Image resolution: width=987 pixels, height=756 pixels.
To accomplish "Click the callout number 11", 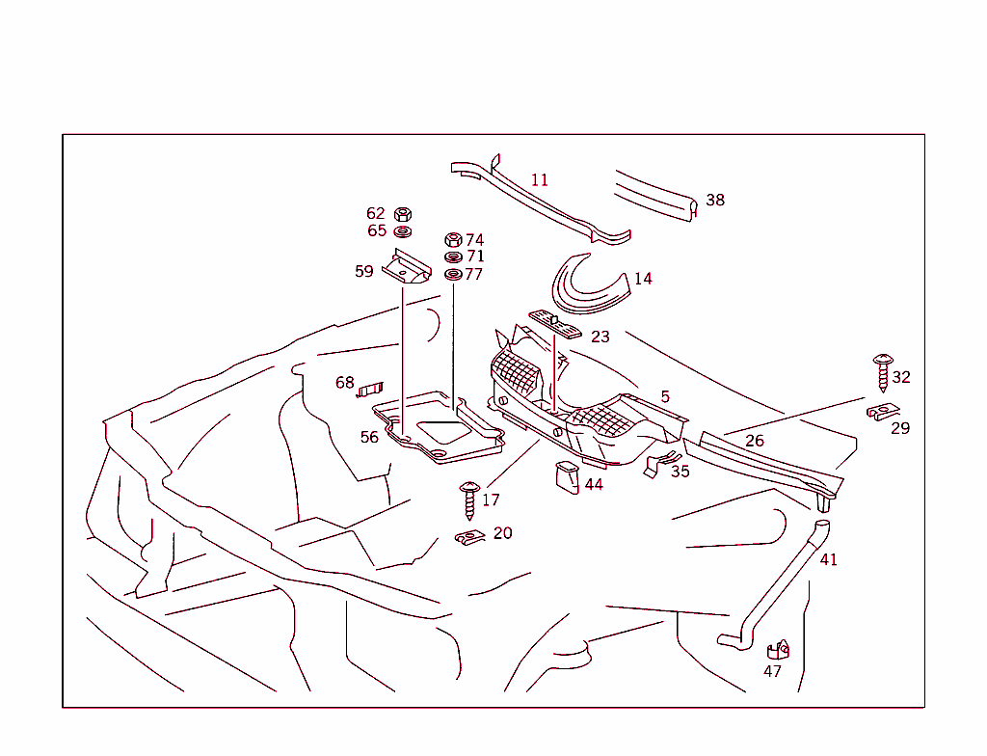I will coord(540,180).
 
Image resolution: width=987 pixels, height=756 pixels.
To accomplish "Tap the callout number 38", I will coord(715,201).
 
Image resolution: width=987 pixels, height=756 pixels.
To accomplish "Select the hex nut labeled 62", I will coord(404,214).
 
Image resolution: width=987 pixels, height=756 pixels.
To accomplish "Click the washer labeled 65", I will coord(404,231).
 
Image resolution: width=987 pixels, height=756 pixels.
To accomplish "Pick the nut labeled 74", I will coord(452,239).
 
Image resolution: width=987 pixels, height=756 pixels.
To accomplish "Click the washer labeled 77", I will coord(452,275).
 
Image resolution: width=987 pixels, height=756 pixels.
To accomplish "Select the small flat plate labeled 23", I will coord(555,324).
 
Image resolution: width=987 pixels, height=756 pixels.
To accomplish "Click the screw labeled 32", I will coord(882,371).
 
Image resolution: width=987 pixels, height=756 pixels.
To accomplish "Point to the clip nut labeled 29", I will coord(882,413).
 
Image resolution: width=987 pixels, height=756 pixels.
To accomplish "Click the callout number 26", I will coord(755,441).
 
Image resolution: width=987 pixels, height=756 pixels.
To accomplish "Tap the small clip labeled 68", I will coord(370,389).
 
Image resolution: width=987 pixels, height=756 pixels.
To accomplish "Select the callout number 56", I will coord(369,438).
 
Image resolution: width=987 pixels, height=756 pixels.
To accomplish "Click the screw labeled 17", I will coord(469,499).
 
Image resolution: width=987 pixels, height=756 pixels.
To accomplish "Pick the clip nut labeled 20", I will coord(468,537).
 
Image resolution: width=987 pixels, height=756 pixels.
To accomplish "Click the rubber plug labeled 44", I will coord(566,476).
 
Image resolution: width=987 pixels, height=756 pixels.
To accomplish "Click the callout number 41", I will coord(829,560).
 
